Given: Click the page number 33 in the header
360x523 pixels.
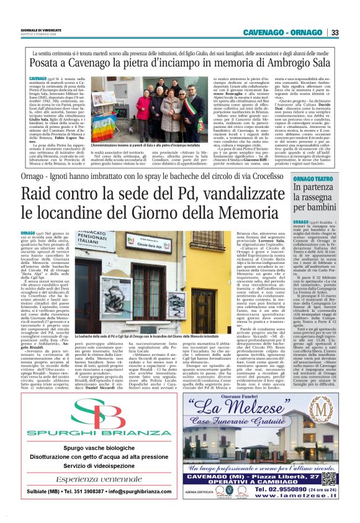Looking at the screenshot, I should pos(335,32).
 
